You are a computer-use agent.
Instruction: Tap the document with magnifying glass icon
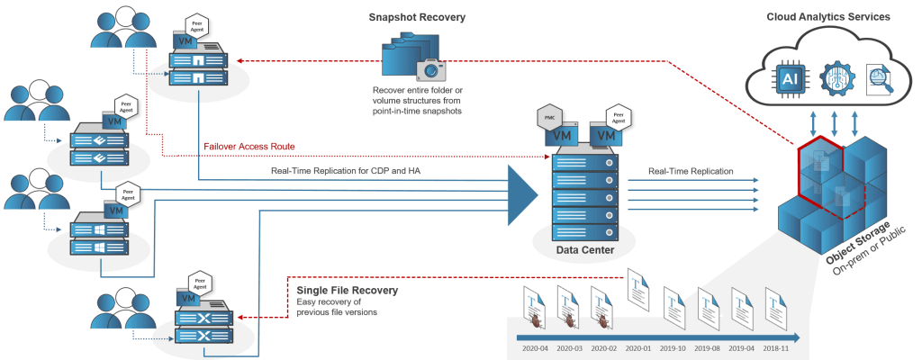point(879,79)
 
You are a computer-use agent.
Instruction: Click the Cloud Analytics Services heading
point(829,17)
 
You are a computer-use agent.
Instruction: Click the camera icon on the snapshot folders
point(430,69)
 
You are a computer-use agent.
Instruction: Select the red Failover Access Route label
point(249,146)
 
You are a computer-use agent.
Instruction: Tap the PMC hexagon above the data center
point(548,117)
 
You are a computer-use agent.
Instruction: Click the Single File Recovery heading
point(347,291)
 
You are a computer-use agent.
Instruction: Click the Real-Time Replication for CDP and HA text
point(334,170)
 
